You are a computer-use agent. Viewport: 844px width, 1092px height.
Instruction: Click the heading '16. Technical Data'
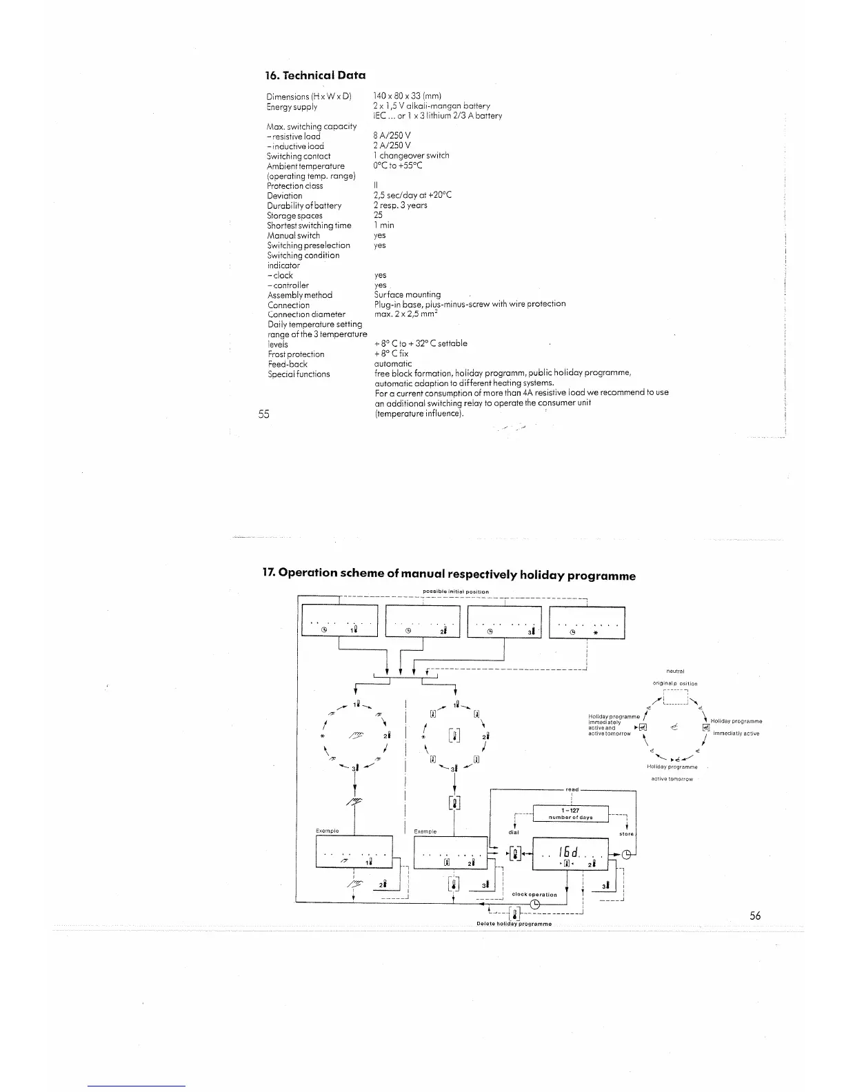tap(315, 75)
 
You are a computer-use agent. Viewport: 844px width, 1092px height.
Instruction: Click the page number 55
tap(263, 414)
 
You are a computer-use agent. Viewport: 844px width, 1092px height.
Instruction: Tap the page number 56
tap(755, 916)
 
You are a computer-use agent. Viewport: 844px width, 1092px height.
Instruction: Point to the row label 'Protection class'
tap(294, 186)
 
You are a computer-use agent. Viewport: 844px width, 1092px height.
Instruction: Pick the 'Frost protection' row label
tap(296, 354)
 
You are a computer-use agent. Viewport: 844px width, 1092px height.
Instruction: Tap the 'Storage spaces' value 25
tap(378, 215)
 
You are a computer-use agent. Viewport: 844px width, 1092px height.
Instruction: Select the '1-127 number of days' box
tap(571, 813)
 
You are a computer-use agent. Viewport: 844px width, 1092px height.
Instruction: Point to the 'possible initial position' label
tap(455, 591)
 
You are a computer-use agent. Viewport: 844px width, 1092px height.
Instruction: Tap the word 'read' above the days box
tap(572, 789)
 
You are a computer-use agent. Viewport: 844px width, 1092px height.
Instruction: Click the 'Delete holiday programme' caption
tap(514, 924)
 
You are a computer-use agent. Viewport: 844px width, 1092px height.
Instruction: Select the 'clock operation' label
tap(534, 895)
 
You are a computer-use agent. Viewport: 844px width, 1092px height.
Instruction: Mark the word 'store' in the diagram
tap(626, 834)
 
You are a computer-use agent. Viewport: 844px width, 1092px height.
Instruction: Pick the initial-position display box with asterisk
tap(587, 623)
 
